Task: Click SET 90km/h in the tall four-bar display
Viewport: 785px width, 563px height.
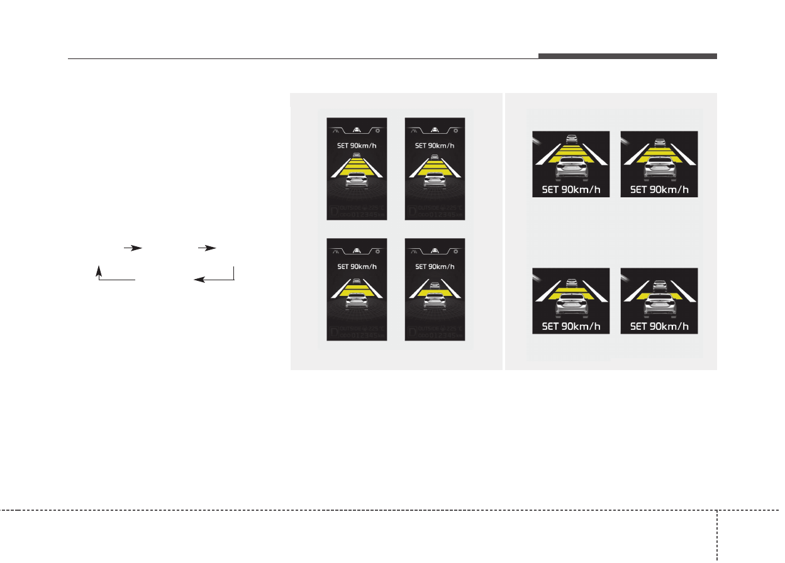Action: point(357,146)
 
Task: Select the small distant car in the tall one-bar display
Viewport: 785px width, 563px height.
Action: point(435,286)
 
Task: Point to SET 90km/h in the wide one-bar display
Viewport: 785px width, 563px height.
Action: point(659,326)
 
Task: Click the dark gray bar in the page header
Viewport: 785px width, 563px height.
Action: point(627,57)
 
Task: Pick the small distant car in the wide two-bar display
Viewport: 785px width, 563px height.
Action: point(571,283)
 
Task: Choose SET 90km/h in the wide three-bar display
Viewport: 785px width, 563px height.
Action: point(659,189)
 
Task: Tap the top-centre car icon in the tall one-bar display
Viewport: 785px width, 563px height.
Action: point(435,251)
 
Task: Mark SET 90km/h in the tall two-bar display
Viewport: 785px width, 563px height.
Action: point(357,266)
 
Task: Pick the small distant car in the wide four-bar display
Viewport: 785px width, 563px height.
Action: point(571,139)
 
